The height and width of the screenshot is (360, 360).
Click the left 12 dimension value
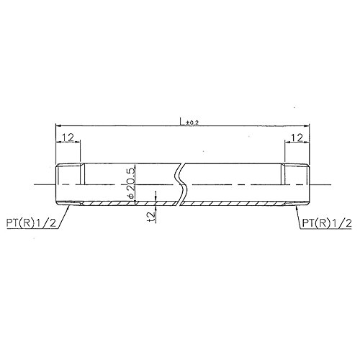point(68,138)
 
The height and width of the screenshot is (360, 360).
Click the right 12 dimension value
point(297,138)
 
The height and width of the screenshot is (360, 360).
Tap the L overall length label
point(182,122)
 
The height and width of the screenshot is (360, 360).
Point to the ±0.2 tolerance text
point(192,123)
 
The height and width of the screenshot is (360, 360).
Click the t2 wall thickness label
point(152,217)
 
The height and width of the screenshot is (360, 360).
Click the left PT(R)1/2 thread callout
point(31,223)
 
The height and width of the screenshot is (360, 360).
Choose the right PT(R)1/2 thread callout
point(327,223)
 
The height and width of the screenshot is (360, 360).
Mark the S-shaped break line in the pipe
point(181,184)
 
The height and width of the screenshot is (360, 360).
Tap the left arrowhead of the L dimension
point(58,125)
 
